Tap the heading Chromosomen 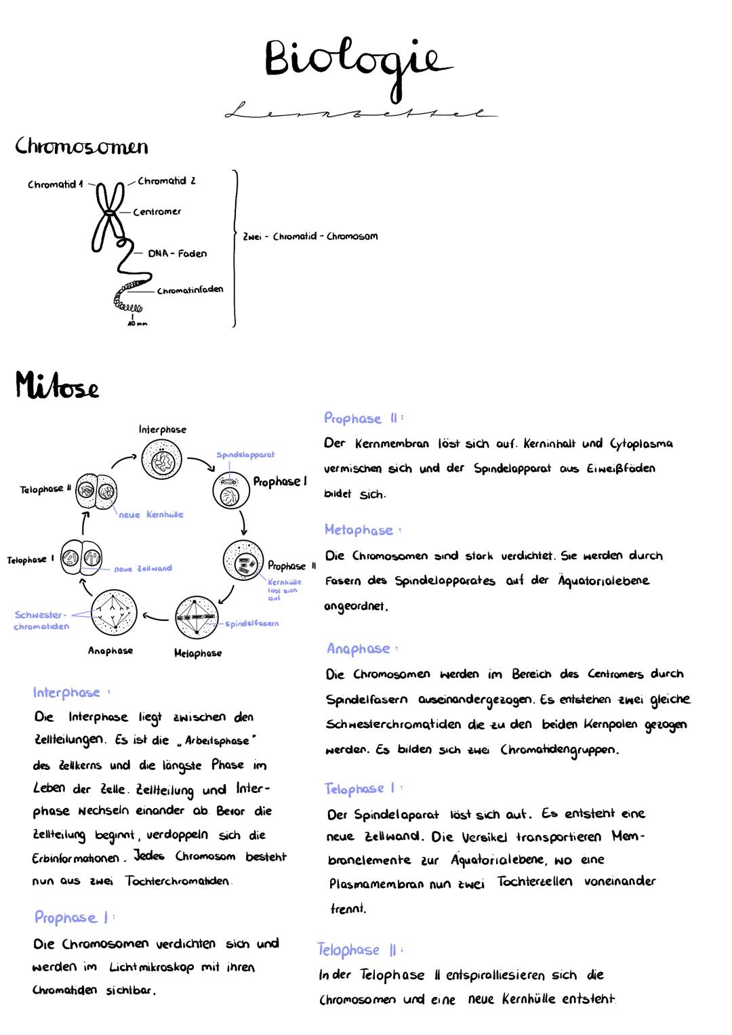point(81,146)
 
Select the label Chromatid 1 point(55,184)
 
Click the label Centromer point(157,212)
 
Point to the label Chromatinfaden point(190,291)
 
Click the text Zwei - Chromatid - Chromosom point(310,237)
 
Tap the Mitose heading point(58,388)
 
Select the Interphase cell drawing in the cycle point(162,460)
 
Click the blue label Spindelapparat point(245,455)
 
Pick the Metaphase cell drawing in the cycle point(197,617)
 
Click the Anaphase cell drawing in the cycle point(114,613)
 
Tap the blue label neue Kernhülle point(150,515)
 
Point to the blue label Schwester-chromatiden point(41,621)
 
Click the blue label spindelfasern point(251,624)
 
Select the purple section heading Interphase point(66,693)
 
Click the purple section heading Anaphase point(358,649)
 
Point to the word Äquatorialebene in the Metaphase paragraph point(603,581)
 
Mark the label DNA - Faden point(178,253)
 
